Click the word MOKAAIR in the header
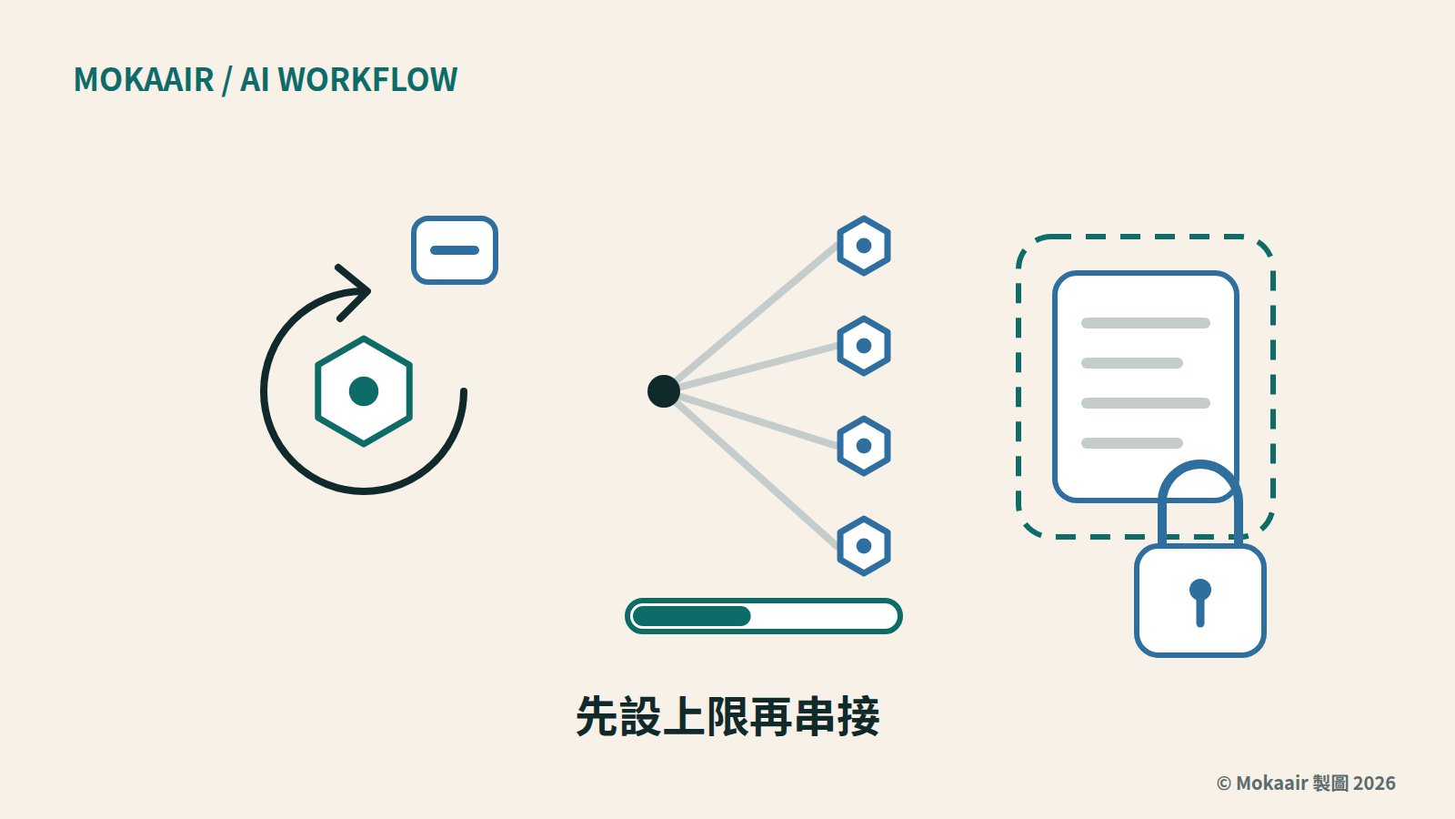(x=144, y=80)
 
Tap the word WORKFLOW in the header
(x=367, y=80)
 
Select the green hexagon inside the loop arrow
(x=364, y=391)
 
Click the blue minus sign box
(x=455, y=250)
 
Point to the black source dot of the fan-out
(x=664, y=391)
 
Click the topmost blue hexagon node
(x=864, y=246)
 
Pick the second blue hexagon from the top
(x=864, y=346)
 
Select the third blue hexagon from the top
(x=864, y=446)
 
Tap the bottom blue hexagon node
(x=864, y=546)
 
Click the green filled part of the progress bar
(x=692, y=616)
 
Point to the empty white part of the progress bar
(x=824, y=616)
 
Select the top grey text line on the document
(x=1146, y=323)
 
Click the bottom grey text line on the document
(x=1132, y=443)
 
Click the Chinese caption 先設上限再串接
(x=728, y=716)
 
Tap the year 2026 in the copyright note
(x=1374, y=784)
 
